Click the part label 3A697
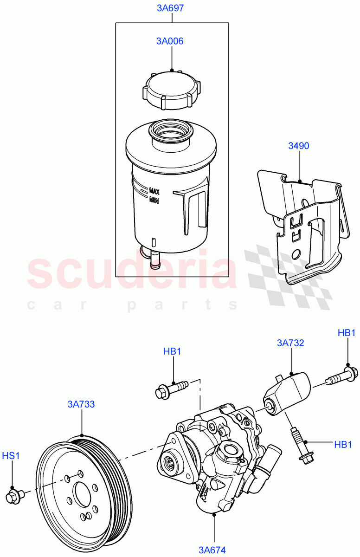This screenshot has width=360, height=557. tap(172, 8)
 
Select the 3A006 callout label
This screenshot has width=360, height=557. tap(170, 41)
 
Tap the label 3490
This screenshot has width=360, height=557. tap(299, 146)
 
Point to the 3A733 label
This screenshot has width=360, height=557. tap(81, 404)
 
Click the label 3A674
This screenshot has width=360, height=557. tap(212, 550)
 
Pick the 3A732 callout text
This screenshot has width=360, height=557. tap(290, 343)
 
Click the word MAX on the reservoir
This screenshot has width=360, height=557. tap(154, 191)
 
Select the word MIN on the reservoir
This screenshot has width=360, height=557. tap(154, 200)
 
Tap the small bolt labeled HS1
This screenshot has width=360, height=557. tap(13, 496)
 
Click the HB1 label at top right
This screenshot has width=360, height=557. tap(347, 332)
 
